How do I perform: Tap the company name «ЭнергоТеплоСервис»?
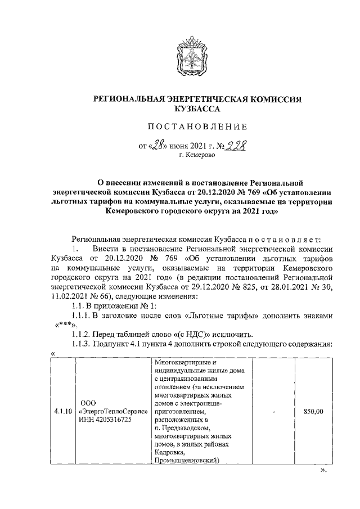click(x=114, y=412)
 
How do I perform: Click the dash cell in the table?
click(x=273, y=412)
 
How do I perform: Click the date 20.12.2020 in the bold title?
click(x=227, y=193)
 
